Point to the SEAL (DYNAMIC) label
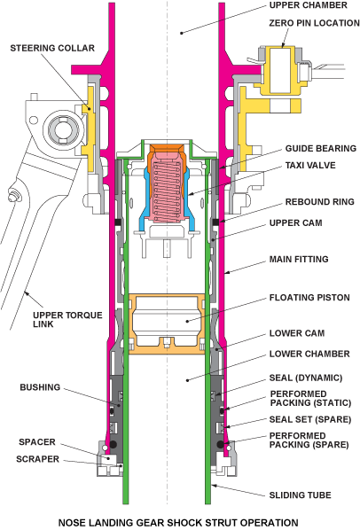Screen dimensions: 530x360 point(306,377)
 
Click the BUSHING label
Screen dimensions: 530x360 point(40,387)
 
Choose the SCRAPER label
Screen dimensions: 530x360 point(36,458)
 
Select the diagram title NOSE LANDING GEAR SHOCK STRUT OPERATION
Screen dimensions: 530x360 point(178,521)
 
